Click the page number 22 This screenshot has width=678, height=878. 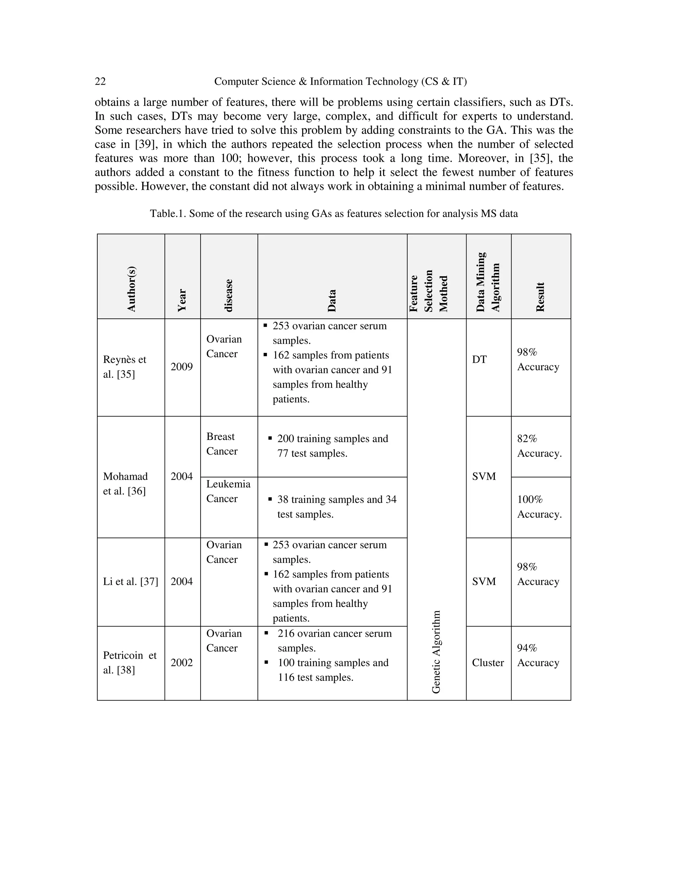(100, 82)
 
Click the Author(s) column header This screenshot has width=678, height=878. (131, 289)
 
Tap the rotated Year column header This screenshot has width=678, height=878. (182, 300)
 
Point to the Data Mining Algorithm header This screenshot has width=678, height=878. (488, 282)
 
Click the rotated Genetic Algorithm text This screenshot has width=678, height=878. (436, 652)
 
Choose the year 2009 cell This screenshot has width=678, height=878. (181, 367)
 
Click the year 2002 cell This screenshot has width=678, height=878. (181, 663)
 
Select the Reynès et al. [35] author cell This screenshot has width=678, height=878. (124, 367)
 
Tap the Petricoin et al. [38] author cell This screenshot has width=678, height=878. (130, 663)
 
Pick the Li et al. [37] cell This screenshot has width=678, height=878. (130, 581)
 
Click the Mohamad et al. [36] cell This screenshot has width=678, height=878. (125, 484)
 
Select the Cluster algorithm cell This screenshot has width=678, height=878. (488, 663)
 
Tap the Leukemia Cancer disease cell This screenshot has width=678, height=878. (228, 491)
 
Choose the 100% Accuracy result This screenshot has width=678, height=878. (539, 507)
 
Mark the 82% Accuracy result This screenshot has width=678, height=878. (539, 446)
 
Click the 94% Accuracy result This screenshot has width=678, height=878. (538, 655)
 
